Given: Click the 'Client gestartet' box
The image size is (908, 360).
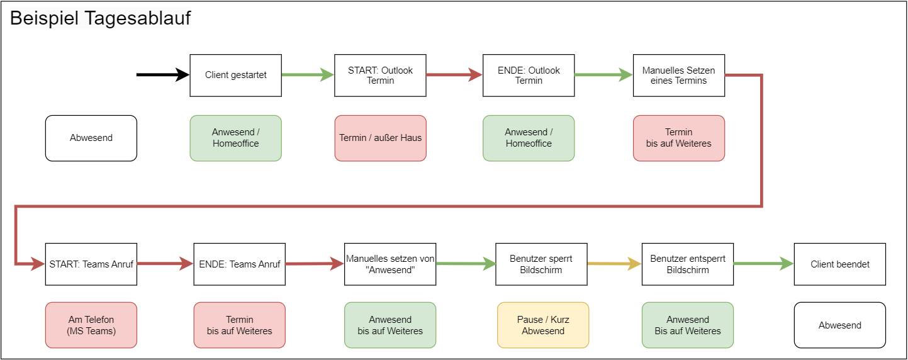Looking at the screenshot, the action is [x=235, y=76].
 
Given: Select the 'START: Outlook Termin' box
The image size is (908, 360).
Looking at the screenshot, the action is [x=380, y=76].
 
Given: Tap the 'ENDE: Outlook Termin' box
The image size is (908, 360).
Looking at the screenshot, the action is [x=529, y=76].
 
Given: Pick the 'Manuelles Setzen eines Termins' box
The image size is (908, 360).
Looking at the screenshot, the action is [x=679, y=76].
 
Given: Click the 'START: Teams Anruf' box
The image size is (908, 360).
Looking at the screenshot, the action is [x=91, y=264].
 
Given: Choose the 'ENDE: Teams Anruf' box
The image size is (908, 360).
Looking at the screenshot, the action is [x=240, y=264].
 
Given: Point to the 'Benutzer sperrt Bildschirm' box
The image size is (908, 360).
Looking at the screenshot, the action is [x=541, y=264].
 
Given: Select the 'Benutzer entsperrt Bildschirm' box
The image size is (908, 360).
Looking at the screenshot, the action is [x=688, y=264].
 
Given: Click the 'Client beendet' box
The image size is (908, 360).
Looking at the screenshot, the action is [x=840, y=264].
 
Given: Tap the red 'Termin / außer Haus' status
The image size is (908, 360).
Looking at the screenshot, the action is [x=380, y=138].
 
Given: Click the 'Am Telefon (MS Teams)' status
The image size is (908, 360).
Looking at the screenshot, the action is [x=91, y=325].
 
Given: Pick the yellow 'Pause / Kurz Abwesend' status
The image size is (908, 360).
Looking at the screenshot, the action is [x=543, y=325].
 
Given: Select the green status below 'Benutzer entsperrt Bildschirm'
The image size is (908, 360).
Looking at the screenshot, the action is [x=688, y=325].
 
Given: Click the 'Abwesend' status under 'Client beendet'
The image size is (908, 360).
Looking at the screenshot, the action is [x=840, y=325].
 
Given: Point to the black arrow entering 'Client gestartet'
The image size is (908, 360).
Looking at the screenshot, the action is [x=163, y=75].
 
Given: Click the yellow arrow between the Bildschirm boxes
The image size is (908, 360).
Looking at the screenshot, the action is [x=615, y=264].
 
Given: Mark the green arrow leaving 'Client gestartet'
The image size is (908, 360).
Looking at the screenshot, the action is [x=308, y=75].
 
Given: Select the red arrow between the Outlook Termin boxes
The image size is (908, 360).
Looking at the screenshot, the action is [x=454, y=75].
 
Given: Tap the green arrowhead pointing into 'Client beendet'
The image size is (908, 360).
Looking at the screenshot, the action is [x=787, y=264].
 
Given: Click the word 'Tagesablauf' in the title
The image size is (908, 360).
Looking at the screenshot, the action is [x=138, y=18].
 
